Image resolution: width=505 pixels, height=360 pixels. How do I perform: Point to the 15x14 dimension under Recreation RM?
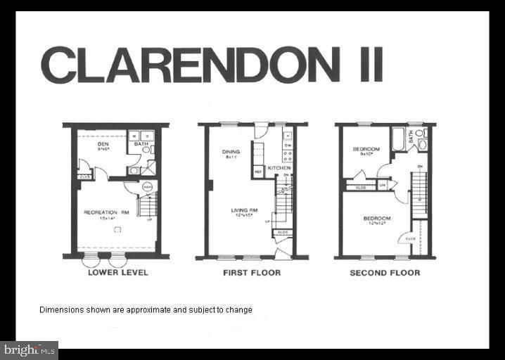pyautogui.click(x=105, y=218)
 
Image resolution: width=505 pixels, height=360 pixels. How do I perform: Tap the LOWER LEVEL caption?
pyautogui.click(x=117, y=272)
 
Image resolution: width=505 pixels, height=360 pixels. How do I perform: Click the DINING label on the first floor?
pyautogui.click(x=230, y=151)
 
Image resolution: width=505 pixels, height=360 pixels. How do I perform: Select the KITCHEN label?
pyautogui.click(x=279, y=168)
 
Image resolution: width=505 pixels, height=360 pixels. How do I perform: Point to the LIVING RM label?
pyautogui.click(x=244, y=210)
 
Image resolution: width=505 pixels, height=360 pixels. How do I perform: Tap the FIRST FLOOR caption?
pyautogui.click(x=251, y=272)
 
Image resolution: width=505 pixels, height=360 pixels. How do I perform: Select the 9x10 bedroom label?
pyautogui.click(x=366, y=149)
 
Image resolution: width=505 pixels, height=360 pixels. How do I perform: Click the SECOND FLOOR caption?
pyautogui.click(x=385, y=272)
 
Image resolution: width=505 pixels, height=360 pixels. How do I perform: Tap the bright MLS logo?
pyautogui.click(x=30, y=349)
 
